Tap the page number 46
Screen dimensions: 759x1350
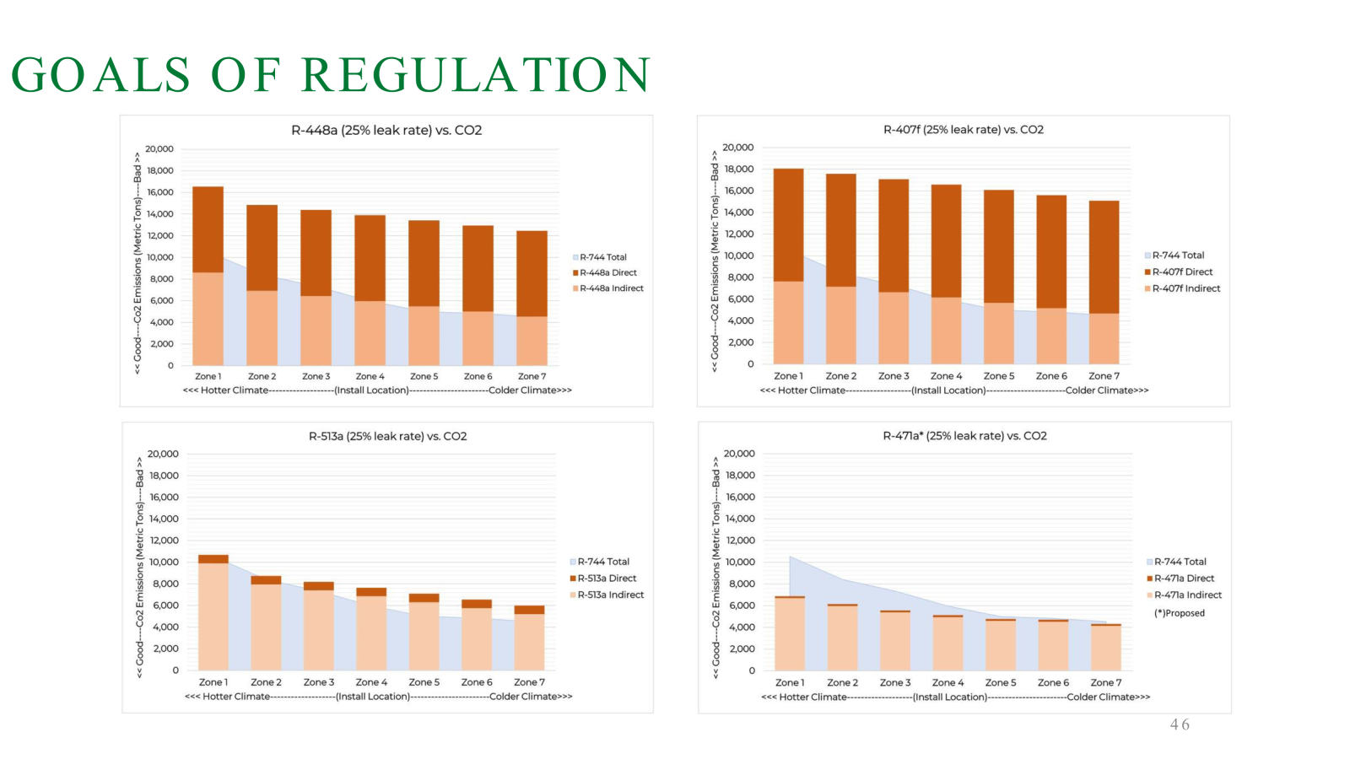[x=1180, y=724]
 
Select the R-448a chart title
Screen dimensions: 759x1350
[x=386, y=130]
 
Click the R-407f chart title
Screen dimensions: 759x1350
[x=963, y=130]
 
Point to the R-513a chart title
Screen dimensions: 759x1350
[x=387, y=436]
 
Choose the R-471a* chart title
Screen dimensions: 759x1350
[x=964, y=436]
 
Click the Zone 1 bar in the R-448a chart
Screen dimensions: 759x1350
[x=208, y=278]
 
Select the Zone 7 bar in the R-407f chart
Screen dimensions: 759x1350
[x=1104, y=283]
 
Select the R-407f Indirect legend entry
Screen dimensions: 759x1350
[x=1185, y=288]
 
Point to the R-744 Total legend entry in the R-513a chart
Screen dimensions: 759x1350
[x=602, y=562]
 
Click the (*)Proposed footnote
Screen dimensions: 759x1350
[x=1180, y=613]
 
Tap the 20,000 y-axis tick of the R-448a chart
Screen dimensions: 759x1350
[x=159, y=149]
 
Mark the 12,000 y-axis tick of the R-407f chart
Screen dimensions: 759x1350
[x=737, y=234]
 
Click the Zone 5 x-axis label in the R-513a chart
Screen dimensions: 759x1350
[x=424, y=682]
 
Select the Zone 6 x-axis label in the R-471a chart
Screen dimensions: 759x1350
[x=1053, y=682]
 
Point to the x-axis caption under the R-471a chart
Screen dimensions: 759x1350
[x=955, y=697]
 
